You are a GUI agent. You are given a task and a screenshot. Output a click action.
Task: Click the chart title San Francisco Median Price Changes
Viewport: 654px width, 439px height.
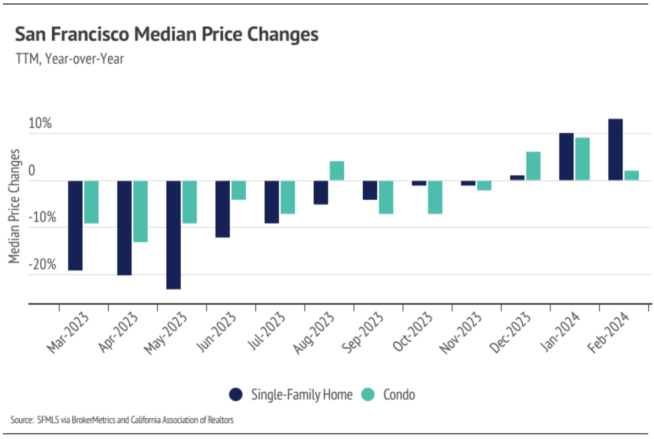(167, 34)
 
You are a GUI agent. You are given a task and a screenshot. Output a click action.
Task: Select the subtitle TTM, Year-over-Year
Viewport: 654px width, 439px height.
(70, 59)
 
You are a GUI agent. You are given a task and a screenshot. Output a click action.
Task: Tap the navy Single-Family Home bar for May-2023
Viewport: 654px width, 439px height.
(174, 235)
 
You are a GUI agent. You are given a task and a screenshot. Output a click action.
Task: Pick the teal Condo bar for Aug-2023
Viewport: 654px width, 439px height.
(337, 171)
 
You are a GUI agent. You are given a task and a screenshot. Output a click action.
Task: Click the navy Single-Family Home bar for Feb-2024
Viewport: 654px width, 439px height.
(615, 149)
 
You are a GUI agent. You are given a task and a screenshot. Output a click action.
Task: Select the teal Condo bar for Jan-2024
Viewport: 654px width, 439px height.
(582, 159)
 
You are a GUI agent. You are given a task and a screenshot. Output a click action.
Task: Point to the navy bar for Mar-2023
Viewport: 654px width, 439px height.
(75, 225)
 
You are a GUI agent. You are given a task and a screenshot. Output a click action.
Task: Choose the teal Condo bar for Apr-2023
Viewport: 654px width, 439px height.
(141, 211)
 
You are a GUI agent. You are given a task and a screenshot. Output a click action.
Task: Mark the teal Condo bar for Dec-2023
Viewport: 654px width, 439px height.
(533, 166)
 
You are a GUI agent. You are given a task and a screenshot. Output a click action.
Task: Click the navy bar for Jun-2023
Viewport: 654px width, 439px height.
(223, 209)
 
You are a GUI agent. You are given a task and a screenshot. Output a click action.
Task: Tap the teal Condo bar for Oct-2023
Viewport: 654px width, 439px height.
(435, 197)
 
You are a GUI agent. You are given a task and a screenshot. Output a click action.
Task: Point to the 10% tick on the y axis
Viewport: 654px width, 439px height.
(40, 124)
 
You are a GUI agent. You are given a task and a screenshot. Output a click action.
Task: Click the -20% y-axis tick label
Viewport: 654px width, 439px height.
(42, 265)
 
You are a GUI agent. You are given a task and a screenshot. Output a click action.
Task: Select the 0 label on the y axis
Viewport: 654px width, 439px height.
(32, 171)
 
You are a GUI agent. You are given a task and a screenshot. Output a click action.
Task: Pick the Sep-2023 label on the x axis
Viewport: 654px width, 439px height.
(362, 333)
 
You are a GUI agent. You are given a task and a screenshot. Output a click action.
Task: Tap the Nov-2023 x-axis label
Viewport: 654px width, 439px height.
(460, 333)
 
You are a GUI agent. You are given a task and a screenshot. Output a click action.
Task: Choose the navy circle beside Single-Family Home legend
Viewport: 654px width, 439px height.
(236, 394)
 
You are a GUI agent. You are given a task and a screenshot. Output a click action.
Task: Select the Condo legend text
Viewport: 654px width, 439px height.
(399, 394)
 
